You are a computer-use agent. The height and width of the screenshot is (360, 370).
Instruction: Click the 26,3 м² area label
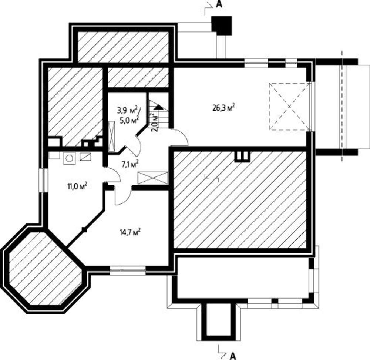click(x=223, y=107)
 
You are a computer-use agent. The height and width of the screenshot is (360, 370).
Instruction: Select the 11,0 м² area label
click(x=77, y=186)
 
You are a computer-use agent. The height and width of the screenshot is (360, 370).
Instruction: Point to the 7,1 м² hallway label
click(x=130, y=164)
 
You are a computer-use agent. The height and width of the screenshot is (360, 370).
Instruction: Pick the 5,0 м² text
click(x=129, y=120)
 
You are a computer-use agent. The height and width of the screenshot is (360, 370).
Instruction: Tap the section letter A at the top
click(x=219, y=5)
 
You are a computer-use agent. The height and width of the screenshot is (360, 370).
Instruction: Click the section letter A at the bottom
click(x=233, y=355)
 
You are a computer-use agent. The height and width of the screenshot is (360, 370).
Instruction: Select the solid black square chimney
click(x=222, y=26)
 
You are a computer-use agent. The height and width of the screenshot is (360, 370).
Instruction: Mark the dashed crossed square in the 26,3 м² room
click(x=290, y=107)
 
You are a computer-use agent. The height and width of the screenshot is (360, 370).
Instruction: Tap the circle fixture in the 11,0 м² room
click(x=69, y=158)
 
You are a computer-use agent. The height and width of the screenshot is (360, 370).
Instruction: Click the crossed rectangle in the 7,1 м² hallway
click(x=153, y=178)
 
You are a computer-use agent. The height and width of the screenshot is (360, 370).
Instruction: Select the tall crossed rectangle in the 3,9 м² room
click(x=112, y=137)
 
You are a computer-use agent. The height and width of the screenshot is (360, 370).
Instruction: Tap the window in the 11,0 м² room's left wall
click(x=44, y=180)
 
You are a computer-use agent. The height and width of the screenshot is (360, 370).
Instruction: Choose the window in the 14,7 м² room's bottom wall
click(x=128, y=270)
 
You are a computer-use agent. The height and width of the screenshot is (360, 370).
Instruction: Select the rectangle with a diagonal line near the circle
click(x=85, y=157)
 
